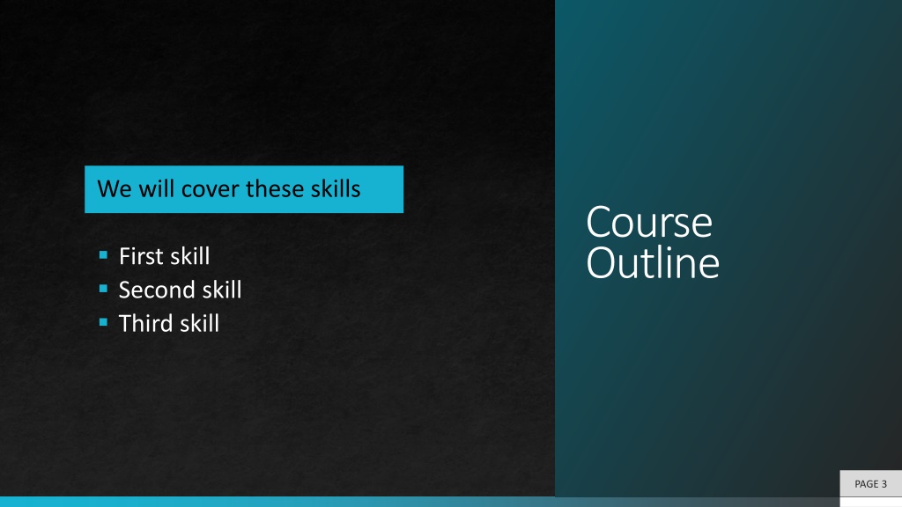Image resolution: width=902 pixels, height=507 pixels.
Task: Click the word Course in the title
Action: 649,222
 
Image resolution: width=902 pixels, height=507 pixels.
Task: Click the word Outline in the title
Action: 653,262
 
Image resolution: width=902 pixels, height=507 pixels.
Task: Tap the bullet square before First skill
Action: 104,254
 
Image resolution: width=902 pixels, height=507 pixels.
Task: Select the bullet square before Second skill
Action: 104,289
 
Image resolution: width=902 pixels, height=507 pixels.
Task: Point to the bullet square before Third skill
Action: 104,322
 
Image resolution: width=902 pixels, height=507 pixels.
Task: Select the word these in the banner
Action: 275,189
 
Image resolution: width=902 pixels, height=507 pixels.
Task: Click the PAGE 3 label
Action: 870,484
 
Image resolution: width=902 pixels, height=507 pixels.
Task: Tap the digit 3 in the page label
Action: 884,484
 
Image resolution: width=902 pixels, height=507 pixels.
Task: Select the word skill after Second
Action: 218,289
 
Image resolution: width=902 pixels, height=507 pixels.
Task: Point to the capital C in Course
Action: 598,222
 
